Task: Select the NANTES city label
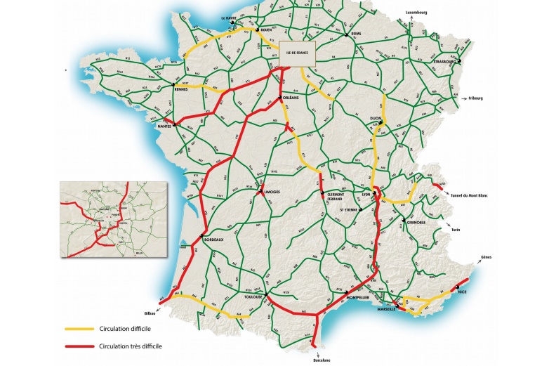point(166,126)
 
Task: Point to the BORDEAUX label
point(213,240)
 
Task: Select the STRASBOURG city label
point(446,62)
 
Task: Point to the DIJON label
point(376,119)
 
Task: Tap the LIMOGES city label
point(272,191)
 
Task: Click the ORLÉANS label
point(290,98)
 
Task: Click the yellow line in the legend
point(81,329)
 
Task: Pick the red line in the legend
point(81,346)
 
